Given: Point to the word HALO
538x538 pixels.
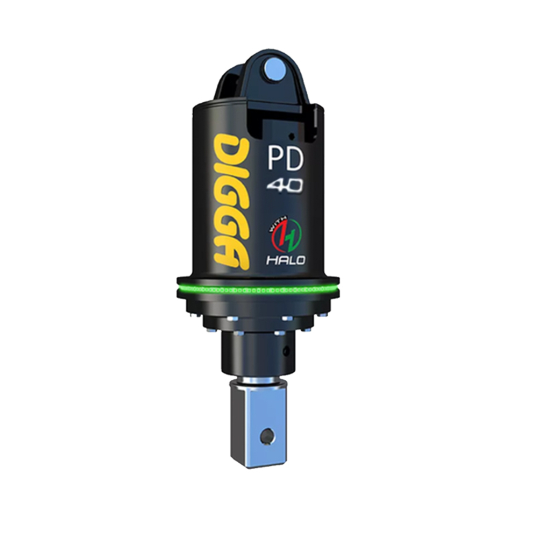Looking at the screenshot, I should pos(286,260).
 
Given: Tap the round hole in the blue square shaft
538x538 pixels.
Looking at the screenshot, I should pos(265,436).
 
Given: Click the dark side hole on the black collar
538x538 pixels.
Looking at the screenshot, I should pos(286,351).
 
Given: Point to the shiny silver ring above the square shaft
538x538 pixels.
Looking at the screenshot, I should pos(258,383).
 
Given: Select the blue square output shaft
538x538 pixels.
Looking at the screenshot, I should pos(258,425).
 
